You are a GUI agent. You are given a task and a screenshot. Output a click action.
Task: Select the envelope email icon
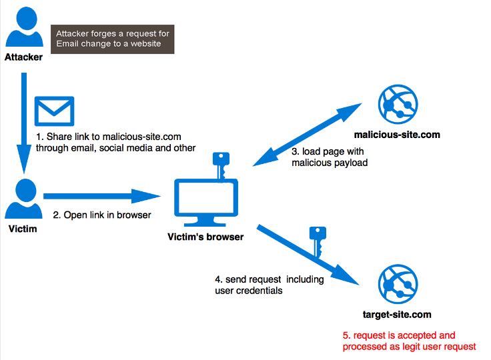pyautogui.click(x=55, y=112)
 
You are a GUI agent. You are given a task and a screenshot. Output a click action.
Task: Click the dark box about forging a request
pyautogui.click(x=113, y=39)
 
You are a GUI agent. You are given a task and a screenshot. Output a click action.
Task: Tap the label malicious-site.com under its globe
pyautogui.click(x=397, y=135)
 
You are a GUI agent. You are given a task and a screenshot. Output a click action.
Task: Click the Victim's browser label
pyautogui.click(x=205, y=237)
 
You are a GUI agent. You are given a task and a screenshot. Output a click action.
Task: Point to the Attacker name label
pyautogui.click(x=23, y=57)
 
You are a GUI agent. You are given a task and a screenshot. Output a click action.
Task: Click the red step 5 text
pyautogui.click(x=409, y=341)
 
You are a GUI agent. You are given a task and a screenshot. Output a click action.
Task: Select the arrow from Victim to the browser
pyautogui.click(x=100, y=196)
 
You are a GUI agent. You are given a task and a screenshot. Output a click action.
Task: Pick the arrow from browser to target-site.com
pyautogui.click(x=307, y=253)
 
